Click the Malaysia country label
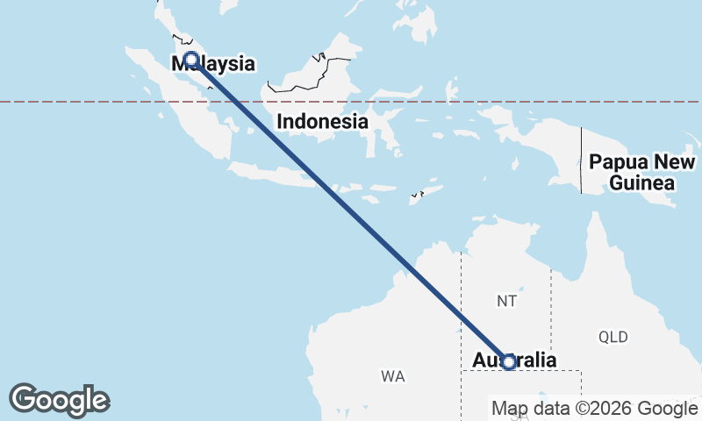coord(214,63)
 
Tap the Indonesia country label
coord(322,122)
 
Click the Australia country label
coord(514,360)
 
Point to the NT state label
coord(506,301)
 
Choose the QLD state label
coord(613,337)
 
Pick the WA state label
coord(392,376)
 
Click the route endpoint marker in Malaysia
coord(190,60)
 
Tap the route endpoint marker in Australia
coord(508,361)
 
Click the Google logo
coord(59,400)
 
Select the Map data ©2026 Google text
coord(593,409)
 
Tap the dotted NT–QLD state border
coord(550,307)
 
